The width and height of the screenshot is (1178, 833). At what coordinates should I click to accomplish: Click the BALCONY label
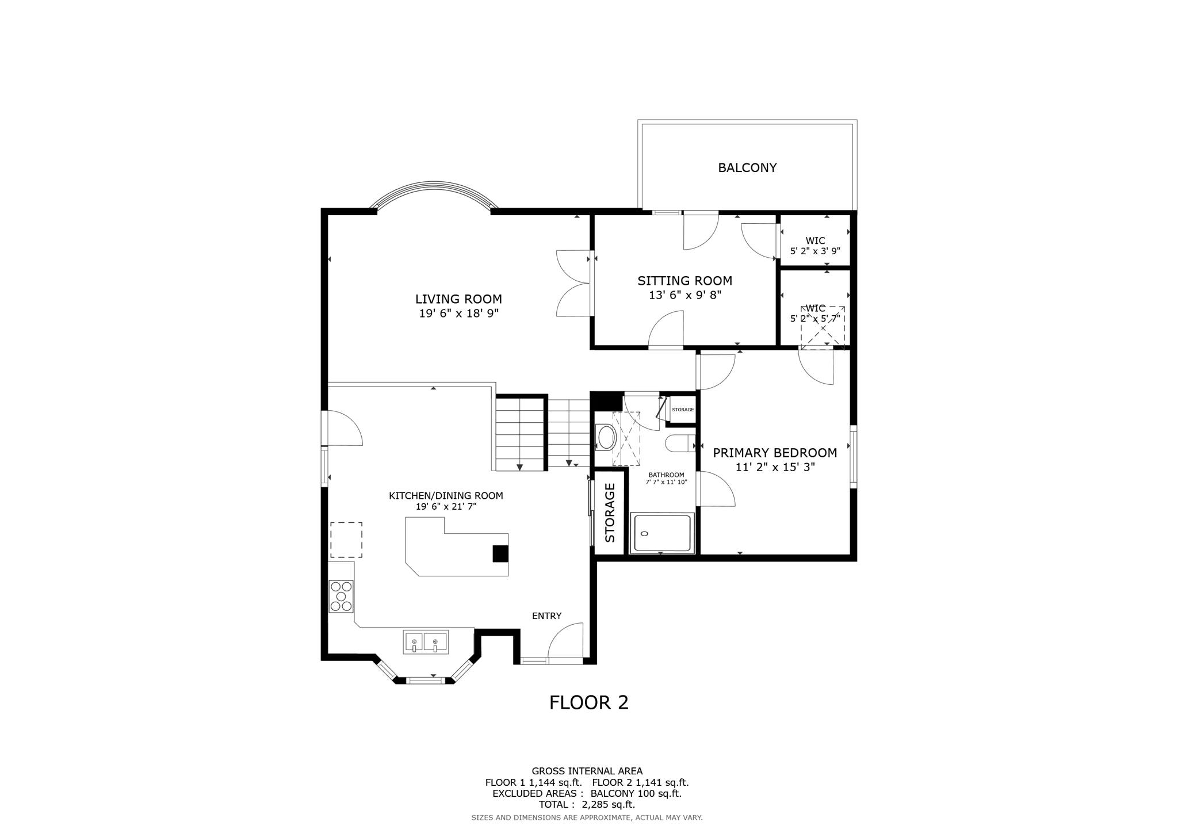[x=747, y=168]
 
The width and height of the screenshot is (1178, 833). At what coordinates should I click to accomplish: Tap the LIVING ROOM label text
[x=458, y=299]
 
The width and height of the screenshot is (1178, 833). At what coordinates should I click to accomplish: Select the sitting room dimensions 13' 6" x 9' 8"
[x=684, y=295]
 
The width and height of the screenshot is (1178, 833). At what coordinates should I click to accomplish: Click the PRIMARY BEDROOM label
[x=775, y=453]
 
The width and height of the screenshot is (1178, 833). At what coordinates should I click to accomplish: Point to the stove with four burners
[x=341, y=597]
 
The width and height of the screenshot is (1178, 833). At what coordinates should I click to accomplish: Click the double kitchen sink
[x=426, y=642]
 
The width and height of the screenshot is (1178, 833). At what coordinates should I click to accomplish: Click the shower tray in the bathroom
[x=661, y=534]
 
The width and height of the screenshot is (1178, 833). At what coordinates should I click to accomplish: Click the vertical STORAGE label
[x=610, y=513]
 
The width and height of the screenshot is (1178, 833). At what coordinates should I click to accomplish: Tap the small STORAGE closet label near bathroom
[x=683, y=410]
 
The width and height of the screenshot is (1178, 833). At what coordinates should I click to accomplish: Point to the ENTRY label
[x=546, y=616]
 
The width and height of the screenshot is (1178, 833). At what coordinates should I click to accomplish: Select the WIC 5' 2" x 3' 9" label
[x=815, y=246]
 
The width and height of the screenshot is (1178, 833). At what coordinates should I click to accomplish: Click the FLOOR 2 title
[x=588, y=702]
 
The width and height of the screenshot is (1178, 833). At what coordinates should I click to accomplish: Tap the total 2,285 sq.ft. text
[x=587, y=804]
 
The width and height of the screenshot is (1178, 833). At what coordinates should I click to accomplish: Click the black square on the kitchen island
[x=500, y=553]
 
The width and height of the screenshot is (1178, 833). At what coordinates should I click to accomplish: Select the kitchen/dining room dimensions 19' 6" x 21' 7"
[x=446, y=507]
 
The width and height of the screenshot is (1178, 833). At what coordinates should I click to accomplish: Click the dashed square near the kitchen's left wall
[x=346, y=540]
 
